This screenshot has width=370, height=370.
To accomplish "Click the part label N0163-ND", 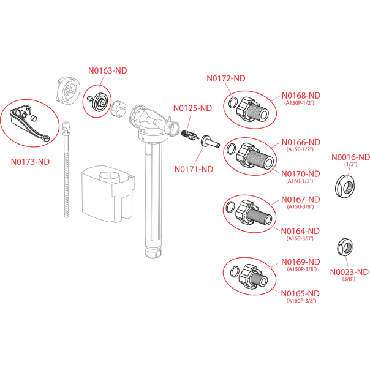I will [108, 70].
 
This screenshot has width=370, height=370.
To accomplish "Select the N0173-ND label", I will [31, 162].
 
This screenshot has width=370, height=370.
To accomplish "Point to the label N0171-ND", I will [194, 169].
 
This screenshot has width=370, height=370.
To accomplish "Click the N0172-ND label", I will [226, 78].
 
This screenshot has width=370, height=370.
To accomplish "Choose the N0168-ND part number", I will [301, 95].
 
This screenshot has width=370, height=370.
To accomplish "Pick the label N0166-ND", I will [301, 142].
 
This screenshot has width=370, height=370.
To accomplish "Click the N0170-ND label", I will [301, 173].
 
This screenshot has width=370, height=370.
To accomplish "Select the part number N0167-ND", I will [301, 199].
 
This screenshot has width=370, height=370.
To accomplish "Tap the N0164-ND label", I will [301, 231].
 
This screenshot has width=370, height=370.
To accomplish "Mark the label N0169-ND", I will [301, 262].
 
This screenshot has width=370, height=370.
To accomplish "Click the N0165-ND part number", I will [301, 293].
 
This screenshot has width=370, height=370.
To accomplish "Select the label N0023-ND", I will [350, 271].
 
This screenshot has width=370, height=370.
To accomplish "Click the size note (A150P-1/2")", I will [300, 104].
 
